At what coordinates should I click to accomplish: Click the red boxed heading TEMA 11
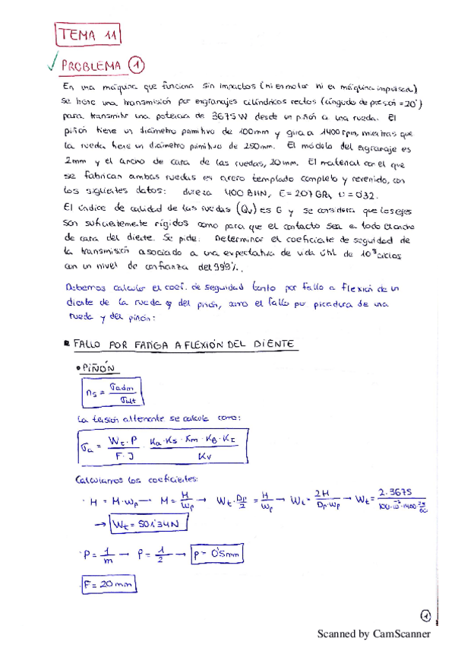pos(88,34)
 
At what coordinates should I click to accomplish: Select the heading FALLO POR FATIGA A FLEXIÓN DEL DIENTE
pos(186,345)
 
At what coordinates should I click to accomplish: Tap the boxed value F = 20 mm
pos(106,586)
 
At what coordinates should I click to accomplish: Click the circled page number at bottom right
pos(425,615)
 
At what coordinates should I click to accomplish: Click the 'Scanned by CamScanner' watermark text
pos(373,633)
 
